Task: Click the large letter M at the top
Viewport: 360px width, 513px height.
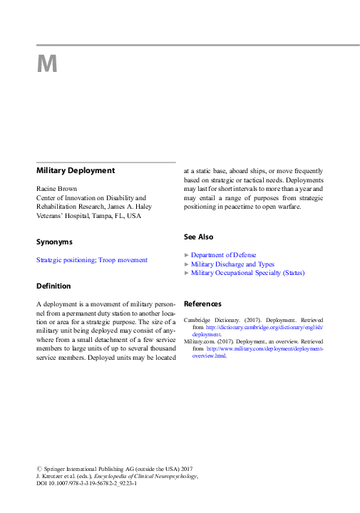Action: coord(46,65)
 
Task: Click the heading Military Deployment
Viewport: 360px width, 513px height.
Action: coord(76,171)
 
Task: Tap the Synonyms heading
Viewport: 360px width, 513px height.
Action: coord(54,242)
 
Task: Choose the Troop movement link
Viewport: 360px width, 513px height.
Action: coord(123,260)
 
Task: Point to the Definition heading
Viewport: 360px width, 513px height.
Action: coord(53,286)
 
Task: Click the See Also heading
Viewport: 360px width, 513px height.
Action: coord(198,237)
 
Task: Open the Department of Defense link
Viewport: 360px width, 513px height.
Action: coord(223,254)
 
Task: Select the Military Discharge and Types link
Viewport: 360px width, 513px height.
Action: coord(232,264)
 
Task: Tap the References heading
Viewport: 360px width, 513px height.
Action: coord(203,304)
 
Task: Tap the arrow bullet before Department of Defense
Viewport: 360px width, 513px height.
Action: coord(187,254)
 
